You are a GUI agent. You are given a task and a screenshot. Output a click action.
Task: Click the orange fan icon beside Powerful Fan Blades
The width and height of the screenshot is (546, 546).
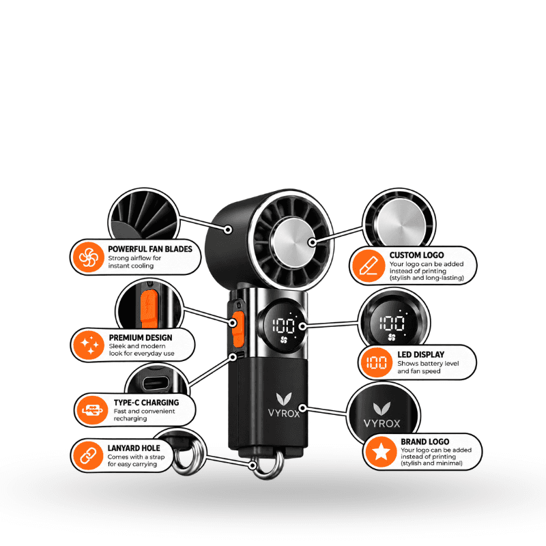pos(89,257)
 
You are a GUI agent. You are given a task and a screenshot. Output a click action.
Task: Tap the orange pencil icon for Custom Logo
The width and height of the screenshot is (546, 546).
pos(369,265)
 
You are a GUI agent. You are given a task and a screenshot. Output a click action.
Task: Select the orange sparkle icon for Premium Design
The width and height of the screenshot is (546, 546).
pos(89,345)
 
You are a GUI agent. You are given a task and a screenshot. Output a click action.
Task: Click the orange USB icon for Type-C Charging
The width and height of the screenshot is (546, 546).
pos(92,410)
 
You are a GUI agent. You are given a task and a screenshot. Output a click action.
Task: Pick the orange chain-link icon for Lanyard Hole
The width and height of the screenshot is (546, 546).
pos(89,455)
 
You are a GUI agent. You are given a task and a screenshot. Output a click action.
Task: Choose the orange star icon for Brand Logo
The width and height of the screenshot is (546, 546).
pos(382,452)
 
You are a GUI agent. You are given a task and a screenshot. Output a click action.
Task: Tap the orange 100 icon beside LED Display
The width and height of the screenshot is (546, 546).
pos(377,362)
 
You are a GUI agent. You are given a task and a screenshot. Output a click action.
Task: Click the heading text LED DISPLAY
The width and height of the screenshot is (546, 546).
pos(421,354)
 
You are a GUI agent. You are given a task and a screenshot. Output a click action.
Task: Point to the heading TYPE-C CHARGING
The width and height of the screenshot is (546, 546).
pos(146,403)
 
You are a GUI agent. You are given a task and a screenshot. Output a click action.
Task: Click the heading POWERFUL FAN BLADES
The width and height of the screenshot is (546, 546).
pos(150,249)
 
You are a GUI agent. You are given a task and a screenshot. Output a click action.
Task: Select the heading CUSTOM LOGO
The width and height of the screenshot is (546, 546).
pos(416,255)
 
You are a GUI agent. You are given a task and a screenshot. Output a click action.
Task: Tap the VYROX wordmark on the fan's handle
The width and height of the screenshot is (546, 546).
pos(284,414)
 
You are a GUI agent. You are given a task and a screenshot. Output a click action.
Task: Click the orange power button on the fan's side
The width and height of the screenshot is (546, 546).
pos(238,329)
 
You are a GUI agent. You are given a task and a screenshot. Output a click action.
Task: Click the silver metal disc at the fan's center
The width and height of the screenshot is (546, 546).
pos(292,242)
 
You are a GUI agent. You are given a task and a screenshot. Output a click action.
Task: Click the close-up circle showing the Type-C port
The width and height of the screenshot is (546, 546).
pos(156,379)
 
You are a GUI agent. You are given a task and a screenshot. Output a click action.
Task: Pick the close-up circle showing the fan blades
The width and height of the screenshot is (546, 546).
pos(143,214)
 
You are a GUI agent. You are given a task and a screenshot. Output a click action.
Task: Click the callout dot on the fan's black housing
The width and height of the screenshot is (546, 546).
pos(228,229)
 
